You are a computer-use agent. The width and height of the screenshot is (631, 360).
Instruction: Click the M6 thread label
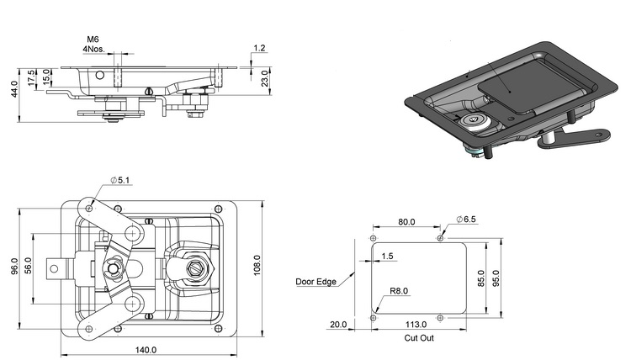(93, 39)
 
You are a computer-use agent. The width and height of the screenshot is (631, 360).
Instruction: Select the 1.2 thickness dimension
(260, 48)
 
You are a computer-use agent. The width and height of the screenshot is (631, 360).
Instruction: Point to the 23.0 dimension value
(264, 78)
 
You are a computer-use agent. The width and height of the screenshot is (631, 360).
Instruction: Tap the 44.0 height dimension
(14, 89)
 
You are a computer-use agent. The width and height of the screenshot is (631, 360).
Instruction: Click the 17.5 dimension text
(32, 77)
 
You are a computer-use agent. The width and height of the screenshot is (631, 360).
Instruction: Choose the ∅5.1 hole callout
(119, 180)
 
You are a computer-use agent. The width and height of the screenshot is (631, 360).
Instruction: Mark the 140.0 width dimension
(146, 350)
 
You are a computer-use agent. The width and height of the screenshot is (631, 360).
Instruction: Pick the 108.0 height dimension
(257, 266)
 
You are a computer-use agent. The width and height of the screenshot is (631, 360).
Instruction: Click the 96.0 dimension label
(14, 267)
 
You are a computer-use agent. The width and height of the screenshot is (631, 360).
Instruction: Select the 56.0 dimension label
(28, 267)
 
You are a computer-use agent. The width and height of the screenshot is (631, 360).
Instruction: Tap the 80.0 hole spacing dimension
(406, 222)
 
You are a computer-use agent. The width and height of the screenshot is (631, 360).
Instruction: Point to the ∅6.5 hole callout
(466, 220)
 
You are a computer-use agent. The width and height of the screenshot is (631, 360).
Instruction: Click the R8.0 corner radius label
(399, 291)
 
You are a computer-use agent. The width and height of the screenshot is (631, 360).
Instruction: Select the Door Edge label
(315, 282)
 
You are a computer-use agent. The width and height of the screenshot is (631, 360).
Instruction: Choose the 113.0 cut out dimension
(416, 324)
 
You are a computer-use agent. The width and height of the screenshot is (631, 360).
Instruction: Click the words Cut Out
(419, 338)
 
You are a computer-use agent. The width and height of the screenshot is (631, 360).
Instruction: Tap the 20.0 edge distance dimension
(338, 324)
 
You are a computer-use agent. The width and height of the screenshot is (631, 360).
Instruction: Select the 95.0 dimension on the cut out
(496, 278)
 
